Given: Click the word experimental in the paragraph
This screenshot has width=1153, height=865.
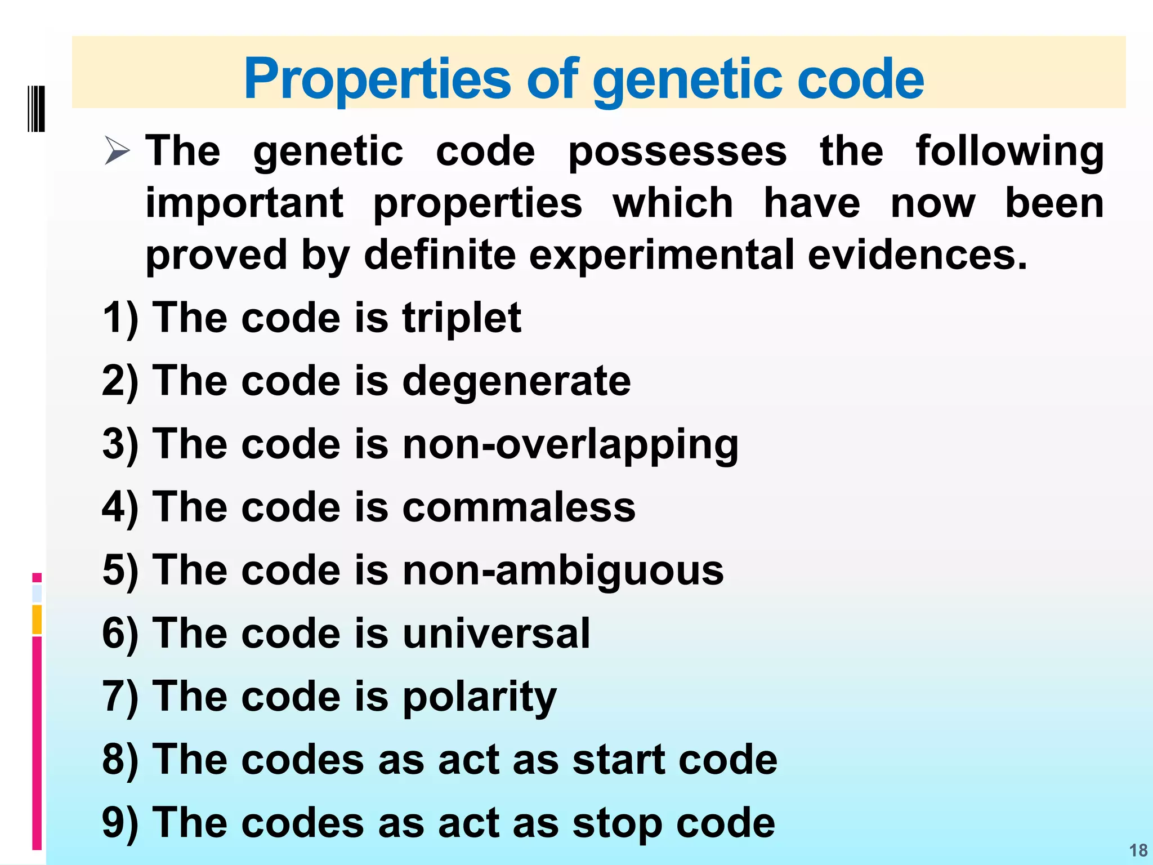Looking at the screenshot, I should coord(662,255).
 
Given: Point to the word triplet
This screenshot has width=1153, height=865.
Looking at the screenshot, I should coord(462,318).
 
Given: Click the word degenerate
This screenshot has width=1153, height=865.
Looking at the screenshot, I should coord(516,381).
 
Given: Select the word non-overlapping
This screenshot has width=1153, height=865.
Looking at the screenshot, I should coord(570,444).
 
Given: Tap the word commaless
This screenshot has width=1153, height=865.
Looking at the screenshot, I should coord(519,507).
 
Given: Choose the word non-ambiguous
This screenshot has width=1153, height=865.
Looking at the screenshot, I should coord(563,570).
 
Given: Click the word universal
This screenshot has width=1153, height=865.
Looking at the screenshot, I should coord(496,633).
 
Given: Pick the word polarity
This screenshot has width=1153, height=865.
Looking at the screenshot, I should coord(479,696).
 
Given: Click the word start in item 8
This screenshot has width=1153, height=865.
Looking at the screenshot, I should coord(619,759).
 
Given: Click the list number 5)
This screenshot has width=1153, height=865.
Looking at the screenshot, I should coord(120,570).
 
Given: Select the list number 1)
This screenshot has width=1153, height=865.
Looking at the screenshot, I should coord(120,318).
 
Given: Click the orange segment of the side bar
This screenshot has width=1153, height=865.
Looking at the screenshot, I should coord(37,619).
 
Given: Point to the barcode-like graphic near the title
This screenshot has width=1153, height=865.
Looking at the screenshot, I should coord(36,109).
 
